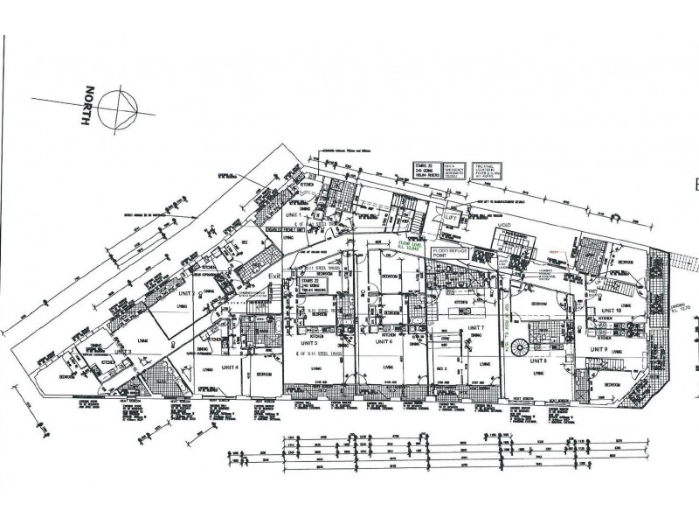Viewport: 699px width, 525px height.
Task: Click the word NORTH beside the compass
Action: coord(86,108)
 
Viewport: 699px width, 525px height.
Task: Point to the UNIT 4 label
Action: coord(229,366)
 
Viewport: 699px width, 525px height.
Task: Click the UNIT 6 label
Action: coord(384,341)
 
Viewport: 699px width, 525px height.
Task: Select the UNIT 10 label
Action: coord(610,311)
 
